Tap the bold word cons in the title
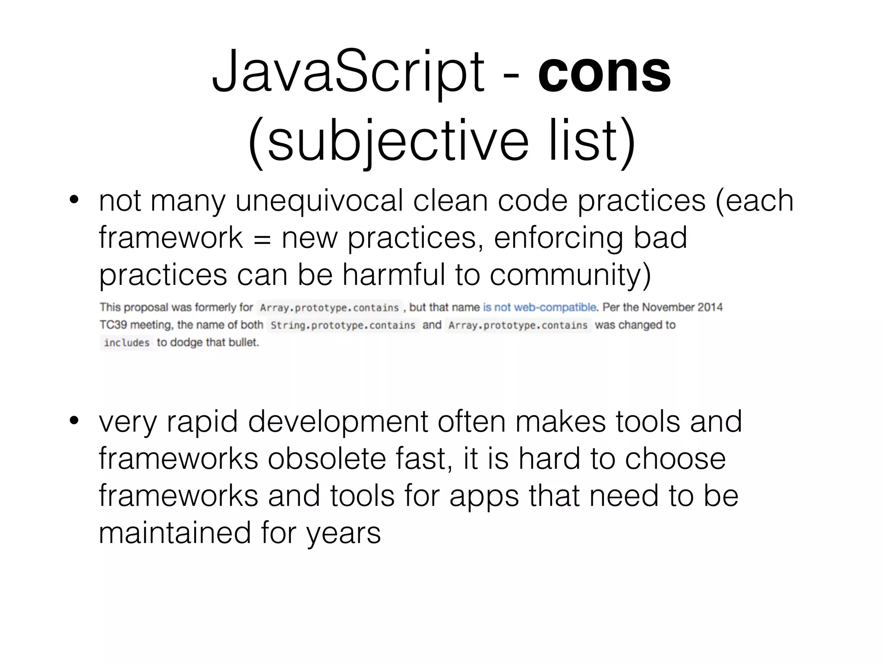604,71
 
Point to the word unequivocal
319,200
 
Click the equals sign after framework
262,239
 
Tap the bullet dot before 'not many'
74,200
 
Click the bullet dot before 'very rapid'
74,420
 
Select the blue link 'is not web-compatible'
540,307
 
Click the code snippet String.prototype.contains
343,325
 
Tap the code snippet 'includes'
126,343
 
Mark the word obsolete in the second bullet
327,458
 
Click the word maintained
175,533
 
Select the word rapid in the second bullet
202,421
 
